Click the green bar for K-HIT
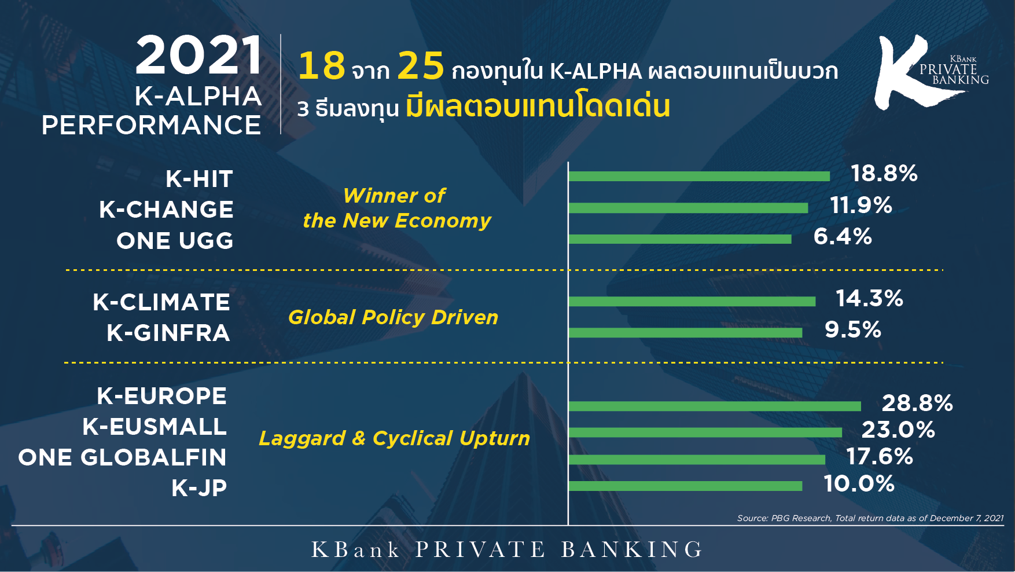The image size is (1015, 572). pos(699,177)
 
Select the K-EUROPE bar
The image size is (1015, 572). pos(715,406)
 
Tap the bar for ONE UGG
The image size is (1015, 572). pos(680,239)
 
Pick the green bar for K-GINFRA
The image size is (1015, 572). pos(685,332)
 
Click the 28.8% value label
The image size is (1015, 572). pos(917,403)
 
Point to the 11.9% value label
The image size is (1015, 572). pos(861,205)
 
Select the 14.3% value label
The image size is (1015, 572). pos(869,298)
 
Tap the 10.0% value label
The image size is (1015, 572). pos(859,483)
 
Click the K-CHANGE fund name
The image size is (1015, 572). pos(166,210)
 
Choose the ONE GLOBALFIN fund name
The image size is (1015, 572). pos(122,457)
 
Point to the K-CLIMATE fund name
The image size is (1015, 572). pos(161,302)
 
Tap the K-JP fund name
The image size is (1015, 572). pos(199,488)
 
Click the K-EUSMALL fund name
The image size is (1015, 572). pos(155,427)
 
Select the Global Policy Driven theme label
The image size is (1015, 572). pos(393,317)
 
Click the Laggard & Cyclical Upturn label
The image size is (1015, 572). pos(394,438)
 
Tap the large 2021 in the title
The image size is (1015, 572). pos(199,56)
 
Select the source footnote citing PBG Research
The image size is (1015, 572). pos(870,518)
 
